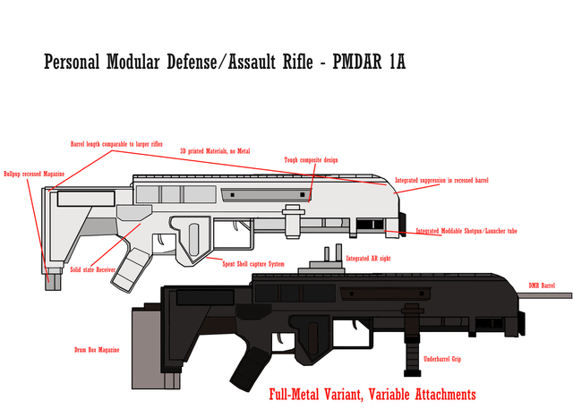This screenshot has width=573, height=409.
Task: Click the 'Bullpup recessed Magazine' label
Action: (32, 174)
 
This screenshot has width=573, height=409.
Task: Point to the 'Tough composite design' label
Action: (311, 159)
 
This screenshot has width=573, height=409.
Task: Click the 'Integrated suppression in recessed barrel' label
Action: (442, 181)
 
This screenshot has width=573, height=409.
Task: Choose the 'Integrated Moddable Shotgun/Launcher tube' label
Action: (466, 231)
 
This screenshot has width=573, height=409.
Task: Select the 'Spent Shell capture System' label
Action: (253, 263)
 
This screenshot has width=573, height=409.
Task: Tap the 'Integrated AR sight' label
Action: (369, 258)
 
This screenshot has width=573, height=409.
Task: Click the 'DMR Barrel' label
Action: (543, 284)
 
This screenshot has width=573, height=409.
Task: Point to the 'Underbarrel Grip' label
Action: (443, 359)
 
